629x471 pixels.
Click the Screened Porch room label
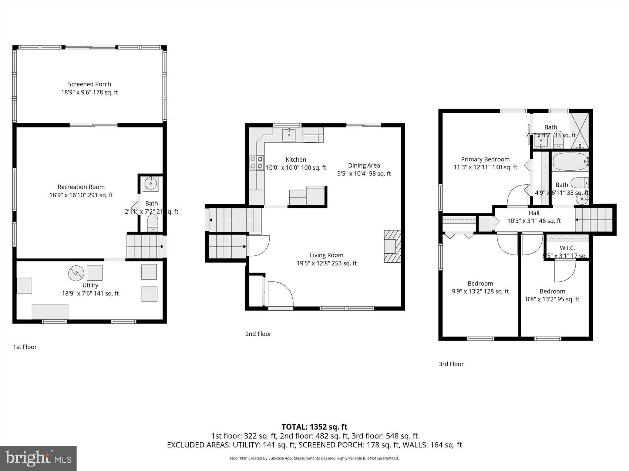(90, 84)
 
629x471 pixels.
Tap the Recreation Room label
(81, 187)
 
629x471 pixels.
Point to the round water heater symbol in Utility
(76, 273)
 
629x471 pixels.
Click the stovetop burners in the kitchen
(256, 163)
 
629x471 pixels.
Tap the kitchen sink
(289, 135)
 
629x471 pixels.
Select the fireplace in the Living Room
(392, 246)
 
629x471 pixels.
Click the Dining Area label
(364, 165)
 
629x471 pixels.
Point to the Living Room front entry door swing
(280, 294)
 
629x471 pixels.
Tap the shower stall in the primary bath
(579, 131)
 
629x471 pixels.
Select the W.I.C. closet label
(567, 248)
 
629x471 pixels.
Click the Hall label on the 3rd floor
(534, 213)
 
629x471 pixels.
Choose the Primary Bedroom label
(485, 159)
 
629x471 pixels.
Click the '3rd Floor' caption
(451, 364)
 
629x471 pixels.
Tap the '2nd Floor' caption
(258, 334)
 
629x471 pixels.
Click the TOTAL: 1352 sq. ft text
(314, 427)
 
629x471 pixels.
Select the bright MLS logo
(38, 458)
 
